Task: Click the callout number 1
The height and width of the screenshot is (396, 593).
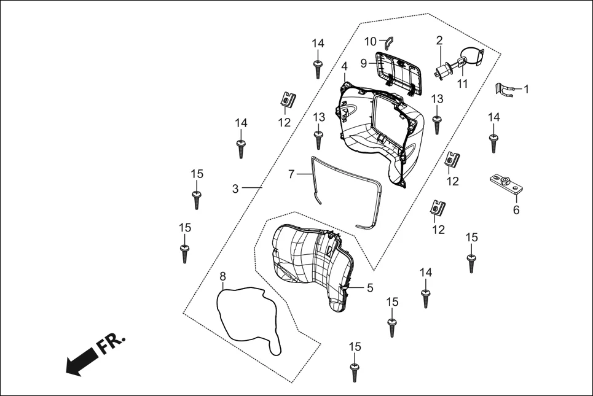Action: tap(525, 88)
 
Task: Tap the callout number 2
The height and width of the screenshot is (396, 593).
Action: tap(439, 41)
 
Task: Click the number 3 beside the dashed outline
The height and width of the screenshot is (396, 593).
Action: tap(235, 189)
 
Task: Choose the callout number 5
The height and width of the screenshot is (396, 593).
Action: tap(369, 287)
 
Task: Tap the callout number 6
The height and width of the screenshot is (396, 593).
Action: tap(516, 210)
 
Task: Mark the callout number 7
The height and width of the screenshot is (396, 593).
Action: tap(291, 174)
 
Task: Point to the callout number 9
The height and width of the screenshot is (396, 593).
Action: tap(364, 63)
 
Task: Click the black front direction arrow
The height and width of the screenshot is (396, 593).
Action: tap(80, 363)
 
